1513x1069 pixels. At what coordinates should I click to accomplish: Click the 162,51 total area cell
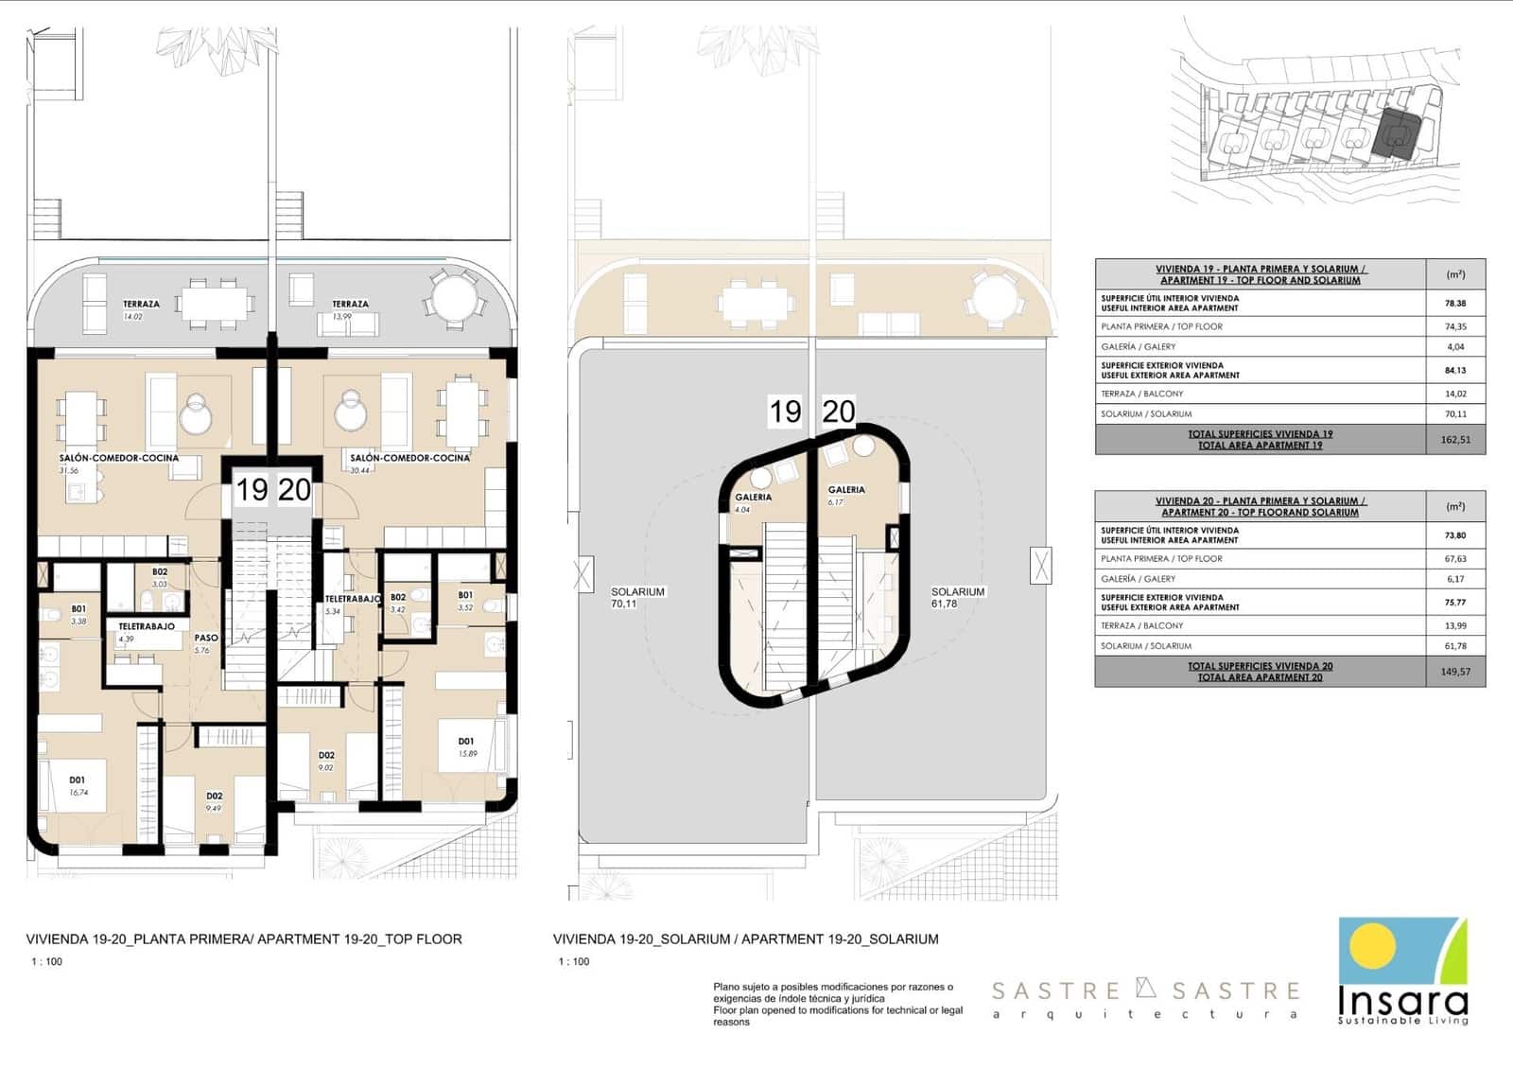(1455, 440)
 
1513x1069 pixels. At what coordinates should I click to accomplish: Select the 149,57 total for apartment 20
(1455, 672)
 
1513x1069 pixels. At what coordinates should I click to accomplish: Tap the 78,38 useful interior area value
(1455, 304)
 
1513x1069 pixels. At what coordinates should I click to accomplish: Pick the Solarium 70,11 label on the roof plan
(637, 597)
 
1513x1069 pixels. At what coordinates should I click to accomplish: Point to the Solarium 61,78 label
(957, 597)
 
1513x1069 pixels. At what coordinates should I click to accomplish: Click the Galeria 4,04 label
(754, 501)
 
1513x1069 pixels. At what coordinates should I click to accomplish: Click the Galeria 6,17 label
(845, 495)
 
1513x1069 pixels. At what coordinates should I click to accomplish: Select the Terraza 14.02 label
(140, 309)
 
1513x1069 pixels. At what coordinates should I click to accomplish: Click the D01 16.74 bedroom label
(78, 785)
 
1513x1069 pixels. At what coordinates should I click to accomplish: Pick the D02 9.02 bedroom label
(326, 761)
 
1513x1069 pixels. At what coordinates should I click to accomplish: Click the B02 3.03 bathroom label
(159, 577)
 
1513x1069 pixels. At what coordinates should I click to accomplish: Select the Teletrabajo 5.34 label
(352, 604)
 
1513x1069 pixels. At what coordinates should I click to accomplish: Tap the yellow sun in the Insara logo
(1372, 947)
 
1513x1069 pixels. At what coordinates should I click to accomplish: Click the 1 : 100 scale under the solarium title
(573, 961)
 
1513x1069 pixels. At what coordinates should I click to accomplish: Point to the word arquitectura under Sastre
(1144, 1014)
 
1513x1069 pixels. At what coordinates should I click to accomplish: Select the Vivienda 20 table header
(1260, 506)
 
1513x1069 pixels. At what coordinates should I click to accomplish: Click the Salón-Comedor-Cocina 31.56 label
(118, 463)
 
